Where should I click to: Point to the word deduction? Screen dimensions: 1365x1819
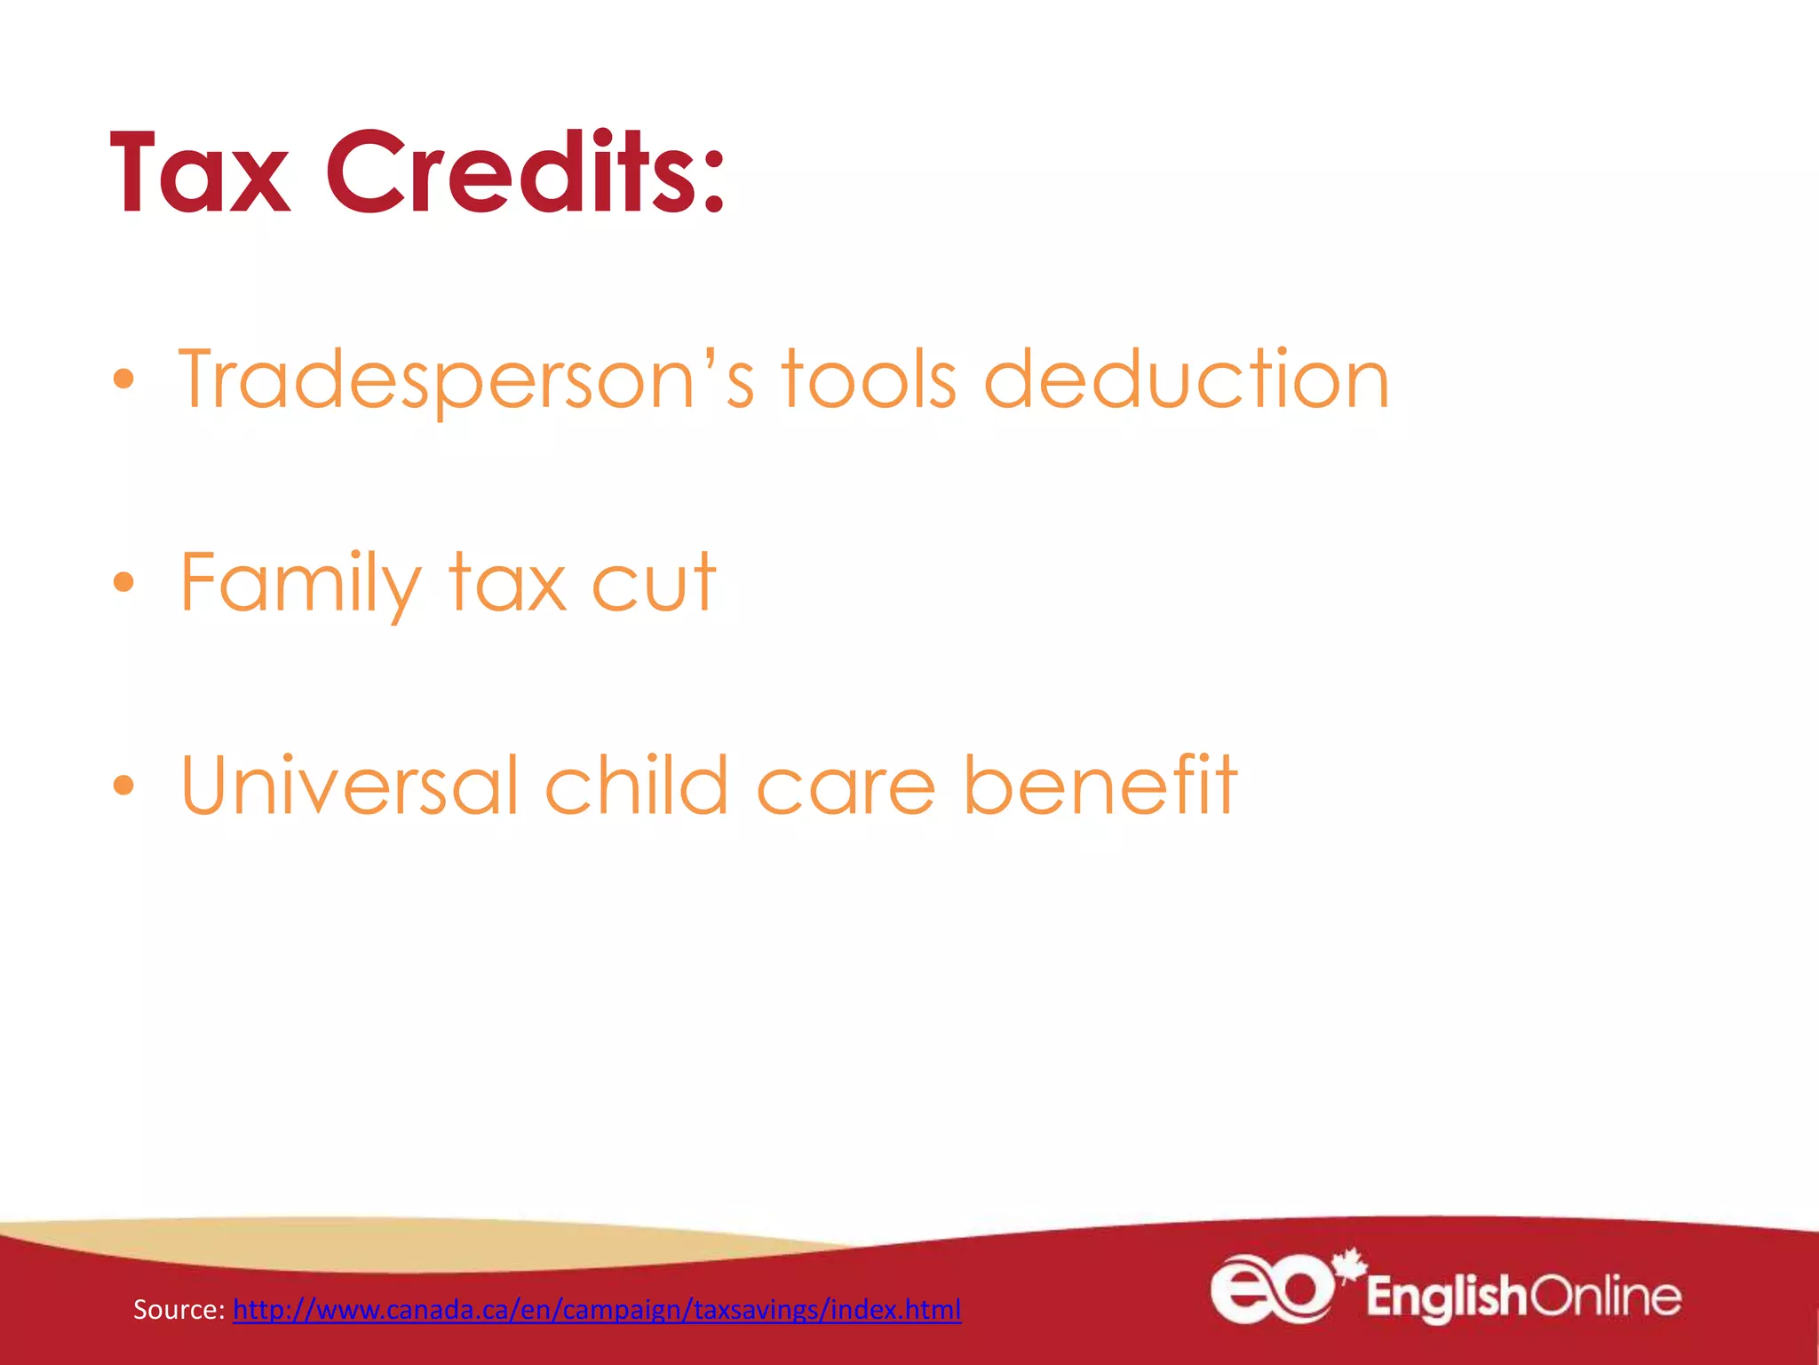(1186, 380)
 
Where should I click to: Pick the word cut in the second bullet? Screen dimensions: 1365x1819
(653, 584)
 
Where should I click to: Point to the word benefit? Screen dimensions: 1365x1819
(1100, 786)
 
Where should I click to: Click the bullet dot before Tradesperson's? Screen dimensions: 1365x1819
(123, 380)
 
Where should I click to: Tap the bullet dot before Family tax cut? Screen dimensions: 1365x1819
(123, 583)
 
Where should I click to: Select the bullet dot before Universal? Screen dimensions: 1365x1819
(123, 786)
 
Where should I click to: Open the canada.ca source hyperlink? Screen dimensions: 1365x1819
(597, 1310)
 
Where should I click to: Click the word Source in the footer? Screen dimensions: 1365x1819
(178, 1310)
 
